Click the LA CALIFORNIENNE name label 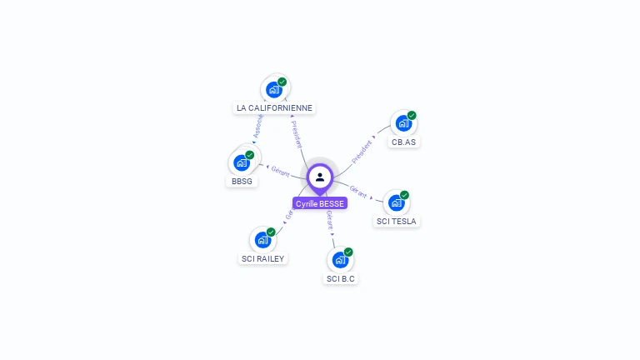tap(275, 107)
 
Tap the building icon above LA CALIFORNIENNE tap(273, 89)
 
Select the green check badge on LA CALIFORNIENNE tap(282, 82)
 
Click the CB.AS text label tap(404, 142)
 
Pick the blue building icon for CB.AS tap(403, 123)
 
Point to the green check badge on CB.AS tap(412, 116)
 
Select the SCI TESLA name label tap(397, 221)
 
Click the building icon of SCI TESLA tap(396, 202)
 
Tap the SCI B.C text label tap(341, 278)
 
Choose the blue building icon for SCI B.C tap(339, 260)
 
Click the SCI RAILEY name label tap(263, 258)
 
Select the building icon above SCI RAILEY tap(262, 240)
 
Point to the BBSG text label tap(242, 181)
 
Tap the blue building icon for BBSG tap(242, 162)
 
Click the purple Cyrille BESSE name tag tap(319, 203)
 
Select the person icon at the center tap(320, 177)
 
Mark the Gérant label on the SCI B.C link tap(330, 220)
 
